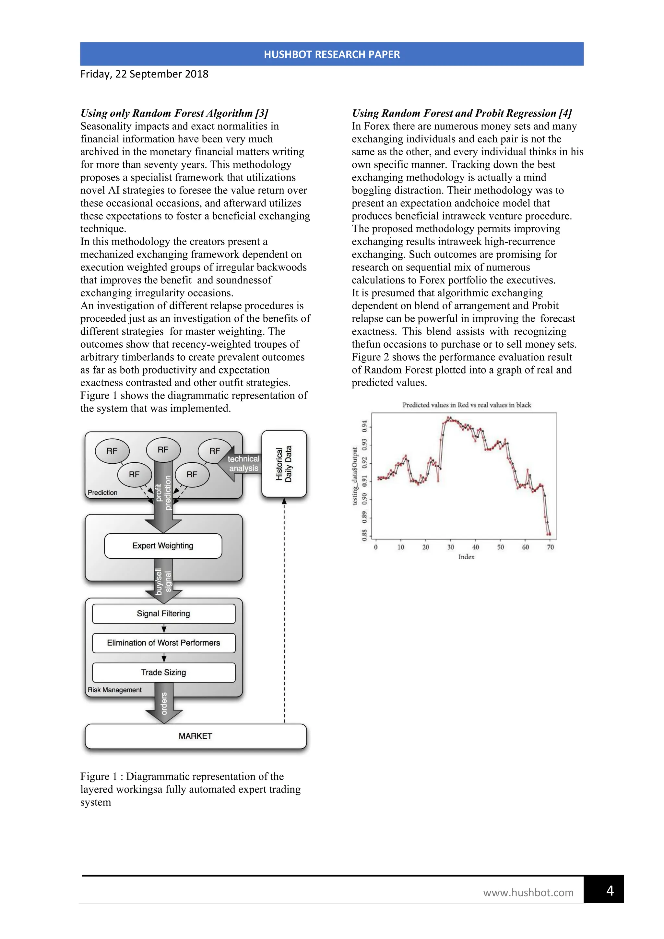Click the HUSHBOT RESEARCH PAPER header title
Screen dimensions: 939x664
[x=332, y=54]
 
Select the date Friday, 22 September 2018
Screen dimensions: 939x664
[x=144, y=74]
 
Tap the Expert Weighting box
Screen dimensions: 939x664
[x=163, y=546]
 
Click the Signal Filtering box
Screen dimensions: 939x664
[x=163, y=613]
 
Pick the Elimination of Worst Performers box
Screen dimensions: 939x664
[x=163, y=643]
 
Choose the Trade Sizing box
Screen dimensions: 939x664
[x=163, y=672]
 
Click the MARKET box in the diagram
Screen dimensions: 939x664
[x=196, y=736]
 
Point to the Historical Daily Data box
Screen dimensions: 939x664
[x=284, y=464]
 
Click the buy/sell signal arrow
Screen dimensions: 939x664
[x=163, y=583]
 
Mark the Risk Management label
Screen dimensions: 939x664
[x=114, y=690]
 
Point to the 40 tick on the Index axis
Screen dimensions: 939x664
[x=476, y=547]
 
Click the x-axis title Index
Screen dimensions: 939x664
[x=466, y=557]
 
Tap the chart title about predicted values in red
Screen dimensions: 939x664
[x=467, y=405]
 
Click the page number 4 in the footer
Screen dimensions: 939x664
[x=610, y=890]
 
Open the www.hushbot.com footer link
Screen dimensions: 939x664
[x=528, y=893]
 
